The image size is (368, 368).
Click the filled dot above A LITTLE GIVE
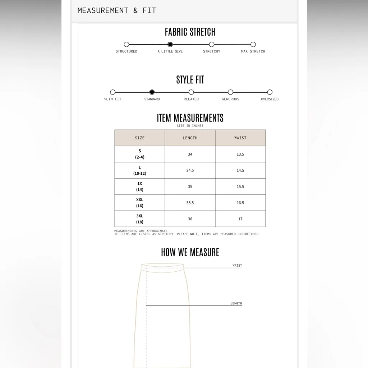coord(170,45)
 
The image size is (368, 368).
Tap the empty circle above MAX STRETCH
coord(253,45)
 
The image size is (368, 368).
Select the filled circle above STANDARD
coord(152,92)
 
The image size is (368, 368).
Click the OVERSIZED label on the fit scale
coord(270,99)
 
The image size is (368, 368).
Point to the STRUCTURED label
coord(126,51)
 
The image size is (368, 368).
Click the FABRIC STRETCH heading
coord(190,32)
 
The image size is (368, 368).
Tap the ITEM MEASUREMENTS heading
coord(190,118)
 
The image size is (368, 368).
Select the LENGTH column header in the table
coord(190,138)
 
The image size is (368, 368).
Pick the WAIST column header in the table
coord(240,138)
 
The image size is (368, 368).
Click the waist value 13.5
coord(240,154)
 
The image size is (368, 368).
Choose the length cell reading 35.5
coord(190,203)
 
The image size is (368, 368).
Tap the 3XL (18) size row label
coord(140,219)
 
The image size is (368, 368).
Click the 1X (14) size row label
coord(140,187)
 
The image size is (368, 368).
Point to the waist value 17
coord(240,219)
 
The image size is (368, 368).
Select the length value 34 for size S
coord(190,154)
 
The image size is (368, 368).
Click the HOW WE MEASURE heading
coord(190,252)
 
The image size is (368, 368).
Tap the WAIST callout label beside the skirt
coord(237,266)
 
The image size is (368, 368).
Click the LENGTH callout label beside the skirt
coord(236,304)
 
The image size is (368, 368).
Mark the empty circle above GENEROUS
coord(230,92)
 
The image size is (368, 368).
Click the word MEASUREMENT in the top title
coord(103,10)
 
